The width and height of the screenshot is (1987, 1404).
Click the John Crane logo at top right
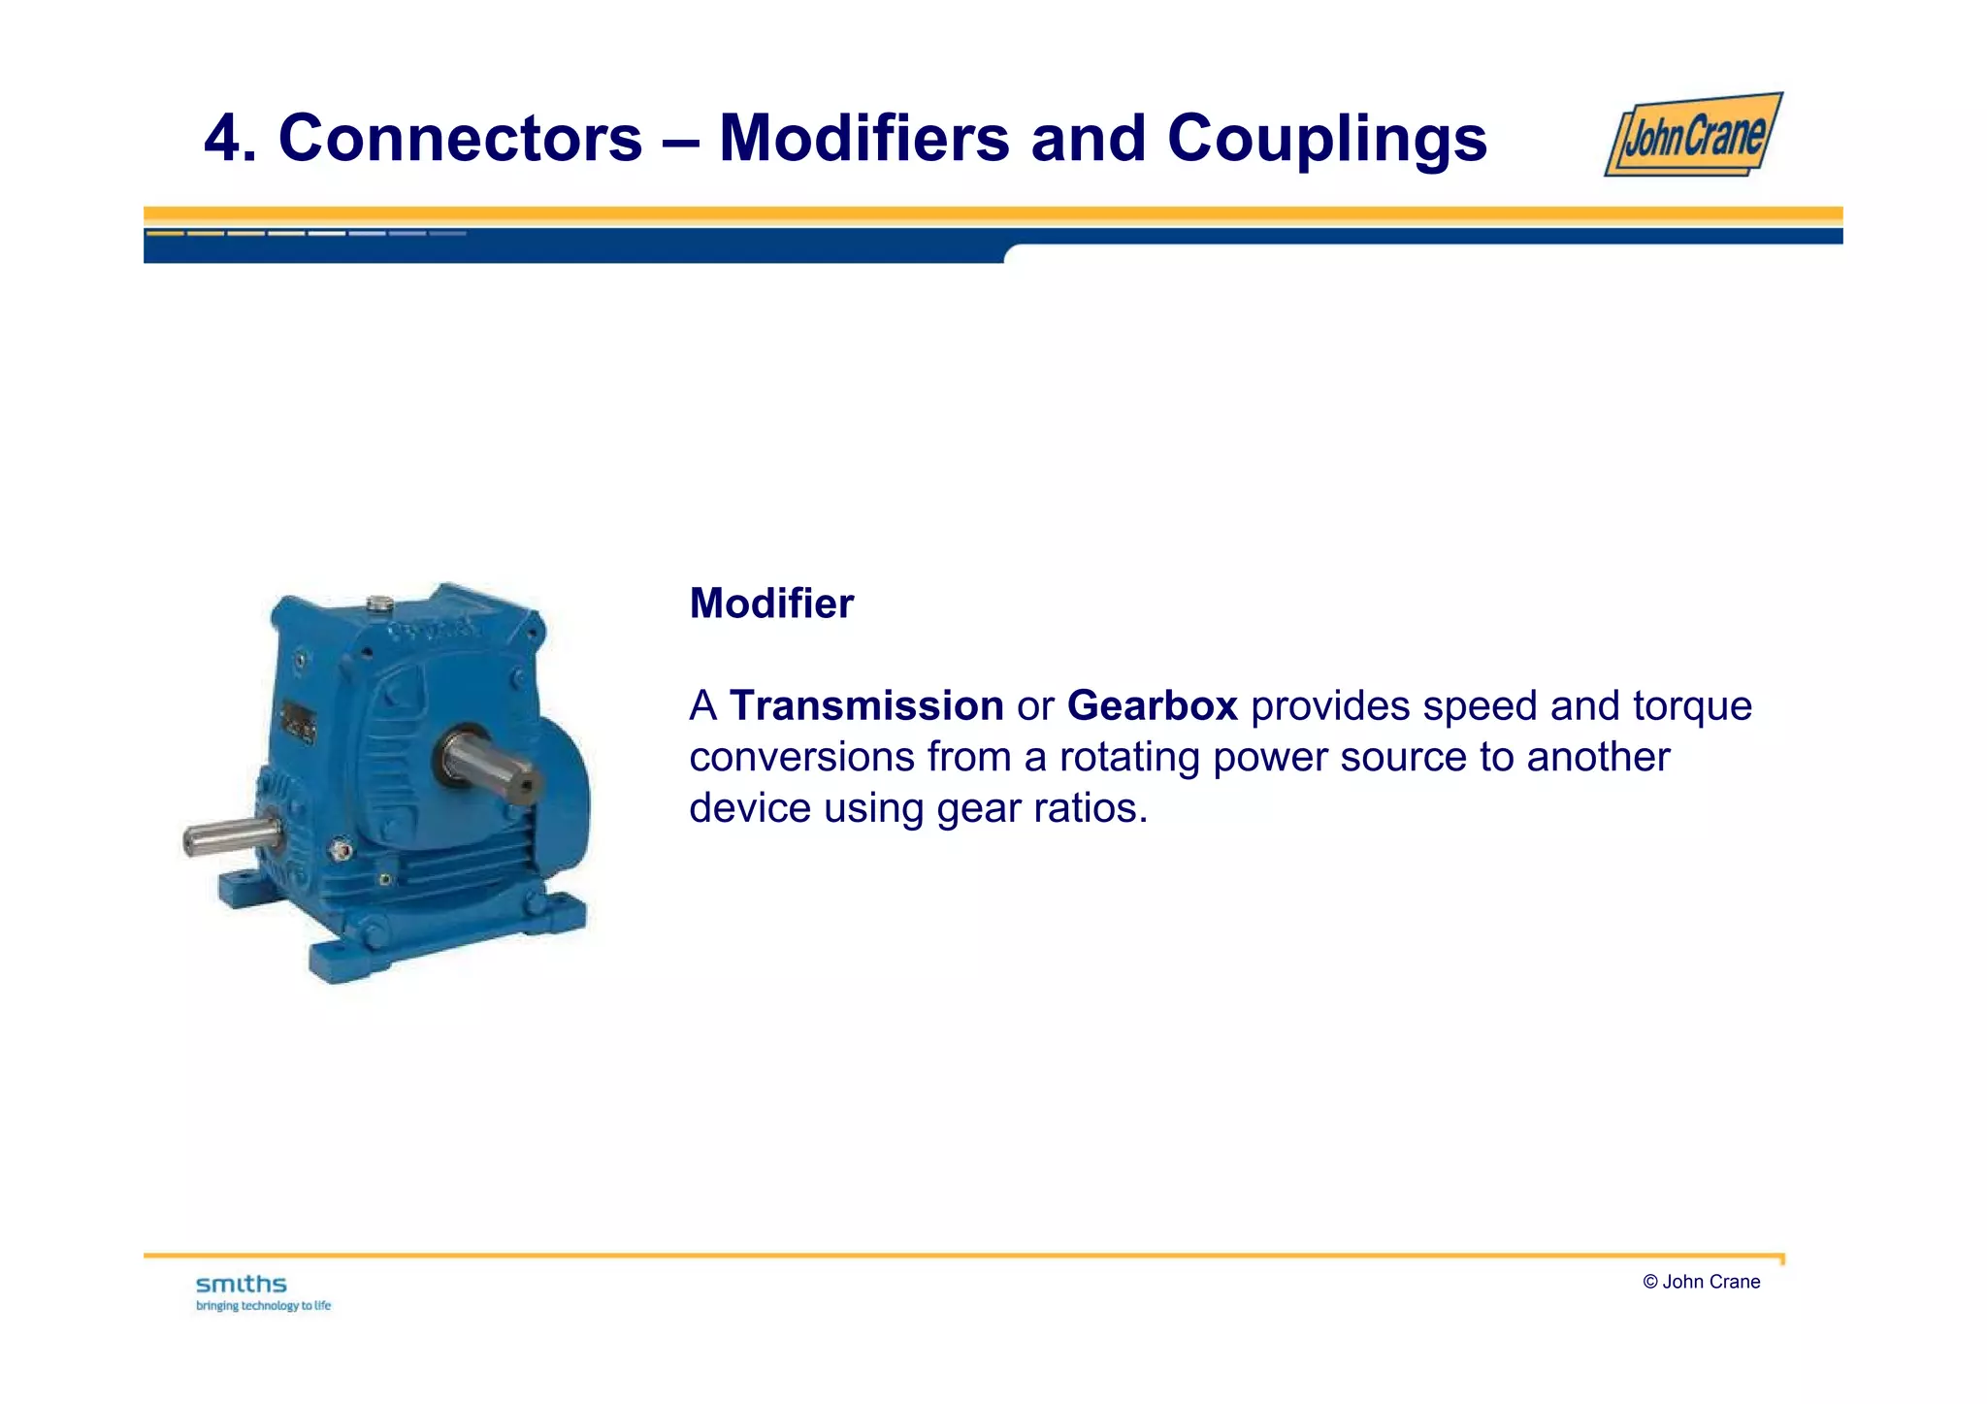(x=1693, y=135)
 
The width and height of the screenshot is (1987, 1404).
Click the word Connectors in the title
(x=460, y=138)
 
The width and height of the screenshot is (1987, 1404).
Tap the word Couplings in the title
(x=1326, y=138)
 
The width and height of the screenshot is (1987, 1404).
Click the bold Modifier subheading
(x=771, y=604)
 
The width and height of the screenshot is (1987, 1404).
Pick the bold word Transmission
(x=865, y=705)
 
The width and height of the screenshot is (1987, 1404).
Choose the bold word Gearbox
(x=1152, y=705)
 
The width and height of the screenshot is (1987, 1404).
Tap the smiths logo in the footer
(x=242, y=1285)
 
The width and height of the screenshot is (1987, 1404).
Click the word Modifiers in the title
(x=863, y=138)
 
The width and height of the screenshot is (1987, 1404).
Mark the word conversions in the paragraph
(x=800, y=757)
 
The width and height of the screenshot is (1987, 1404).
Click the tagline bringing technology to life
(x=263, y=1306)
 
